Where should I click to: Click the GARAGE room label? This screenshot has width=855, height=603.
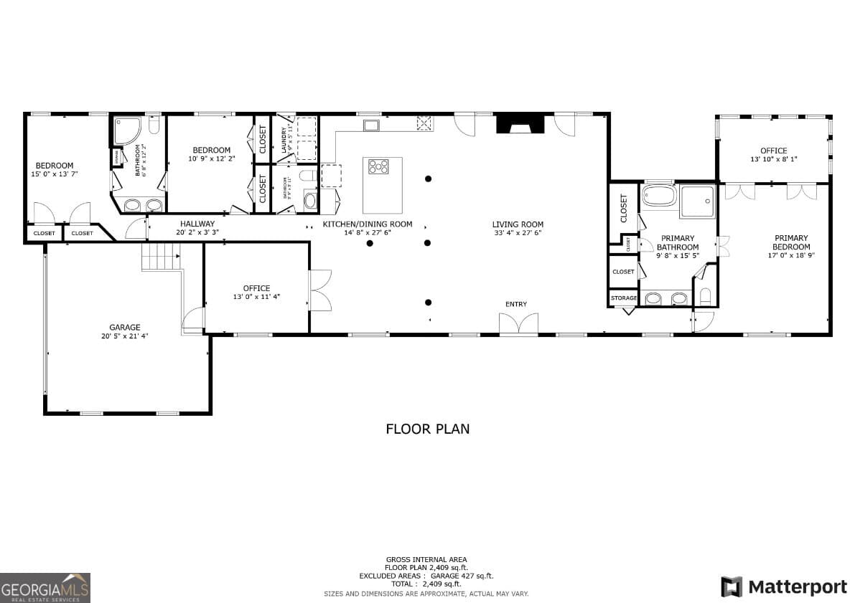click(125, 327)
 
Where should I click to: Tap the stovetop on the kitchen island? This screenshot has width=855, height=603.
click(378, 167)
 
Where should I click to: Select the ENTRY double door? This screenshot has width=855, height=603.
click(518, 323)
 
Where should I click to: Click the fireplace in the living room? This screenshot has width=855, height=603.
click(520, 124)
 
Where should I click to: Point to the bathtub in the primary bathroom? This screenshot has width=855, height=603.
click(659, 196)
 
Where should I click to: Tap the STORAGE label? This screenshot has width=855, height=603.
click(623, 298)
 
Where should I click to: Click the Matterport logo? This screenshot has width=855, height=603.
click(784, 587)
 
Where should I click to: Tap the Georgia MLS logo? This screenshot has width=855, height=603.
click(45, 587)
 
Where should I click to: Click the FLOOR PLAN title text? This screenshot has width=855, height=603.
click(428, 429)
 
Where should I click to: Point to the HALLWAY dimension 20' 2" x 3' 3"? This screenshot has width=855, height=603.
click(197, 232)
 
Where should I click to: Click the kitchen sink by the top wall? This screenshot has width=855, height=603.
click(371, 126)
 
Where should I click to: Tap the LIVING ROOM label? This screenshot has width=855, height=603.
click(518, 224)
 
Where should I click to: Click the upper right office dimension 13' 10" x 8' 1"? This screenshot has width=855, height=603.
click(773, 159)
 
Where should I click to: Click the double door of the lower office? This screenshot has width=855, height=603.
click(319, 290)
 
